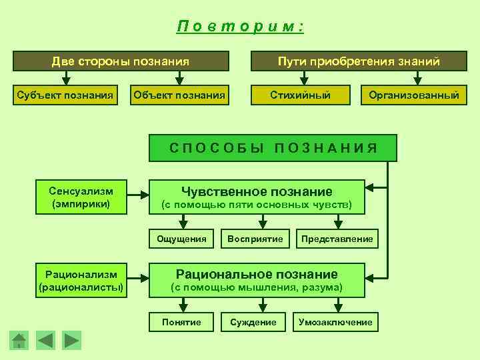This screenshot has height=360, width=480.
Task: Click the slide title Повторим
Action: tap(240, 27)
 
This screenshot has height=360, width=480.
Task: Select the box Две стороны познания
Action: tap(121, 61)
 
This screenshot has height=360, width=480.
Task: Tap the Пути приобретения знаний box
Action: tap(359, 61)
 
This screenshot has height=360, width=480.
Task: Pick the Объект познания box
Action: tap(179, 95)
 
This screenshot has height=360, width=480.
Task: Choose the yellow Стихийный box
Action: tap(300, 95)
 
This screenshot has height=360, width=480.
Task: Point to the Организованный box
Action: tap(414, 95)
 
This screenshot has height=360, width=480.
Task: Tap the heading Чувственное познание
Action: tap(257, 191)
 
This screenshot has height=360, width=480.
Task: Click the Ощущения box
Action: tap(181, 239)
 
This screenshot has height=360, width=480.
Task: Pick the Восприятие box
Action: tap(255, 239)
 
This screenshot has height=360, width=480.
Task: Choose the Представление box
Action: tap(337, 239)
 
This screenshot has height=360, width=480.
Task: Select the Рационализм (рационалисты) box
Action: tap(81, 281)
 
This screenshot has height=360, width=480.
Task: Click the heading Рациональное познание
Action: tap(257, 274)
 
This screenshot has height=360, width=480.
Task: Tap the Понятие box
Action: tap(181, 322)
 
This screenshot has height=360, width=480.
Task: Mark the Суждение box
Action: tap(253, 322)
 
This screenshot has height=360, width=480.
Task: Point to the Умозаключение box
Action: tap(335, 322)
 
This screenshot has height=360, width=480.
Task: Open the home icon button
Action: tap(19, 341)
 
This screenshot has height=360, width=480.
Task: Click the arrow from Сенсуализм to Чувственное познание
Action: tap(139, 196)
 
